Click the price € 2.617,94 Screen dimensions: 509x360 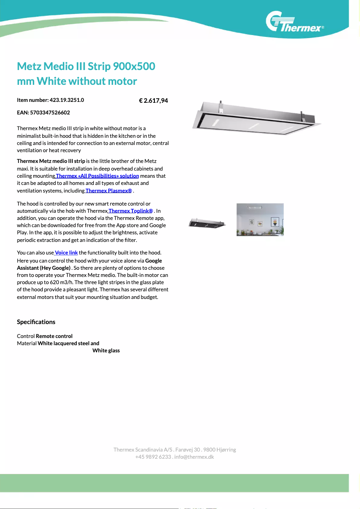[x=154, y=101]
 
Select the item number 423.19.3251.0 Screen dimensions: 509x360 [x=67, y=100]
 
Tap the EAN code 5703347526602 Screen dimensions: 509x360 [x=50, y=113]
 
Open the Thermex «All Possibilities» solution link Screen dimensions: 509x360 [x=97, y=176]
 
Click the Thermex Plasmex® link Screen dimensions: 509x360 [x=109, y=191]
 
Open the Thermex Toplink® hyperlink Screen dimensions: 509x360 [x=130, y=211]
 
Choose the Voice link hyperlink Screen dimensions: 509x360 [x=66, y=253]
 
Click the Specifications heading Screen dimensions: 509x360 [x=36, y=322]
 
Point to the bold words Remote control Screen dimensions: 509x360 [x=54, y=336]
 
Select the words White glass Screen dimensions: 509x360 [x=106, y=351]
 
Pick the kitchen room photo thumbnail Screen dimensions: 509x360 [x=260, y=219]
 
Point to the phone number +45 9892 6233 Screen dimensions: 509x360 [x=153, y=457]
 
